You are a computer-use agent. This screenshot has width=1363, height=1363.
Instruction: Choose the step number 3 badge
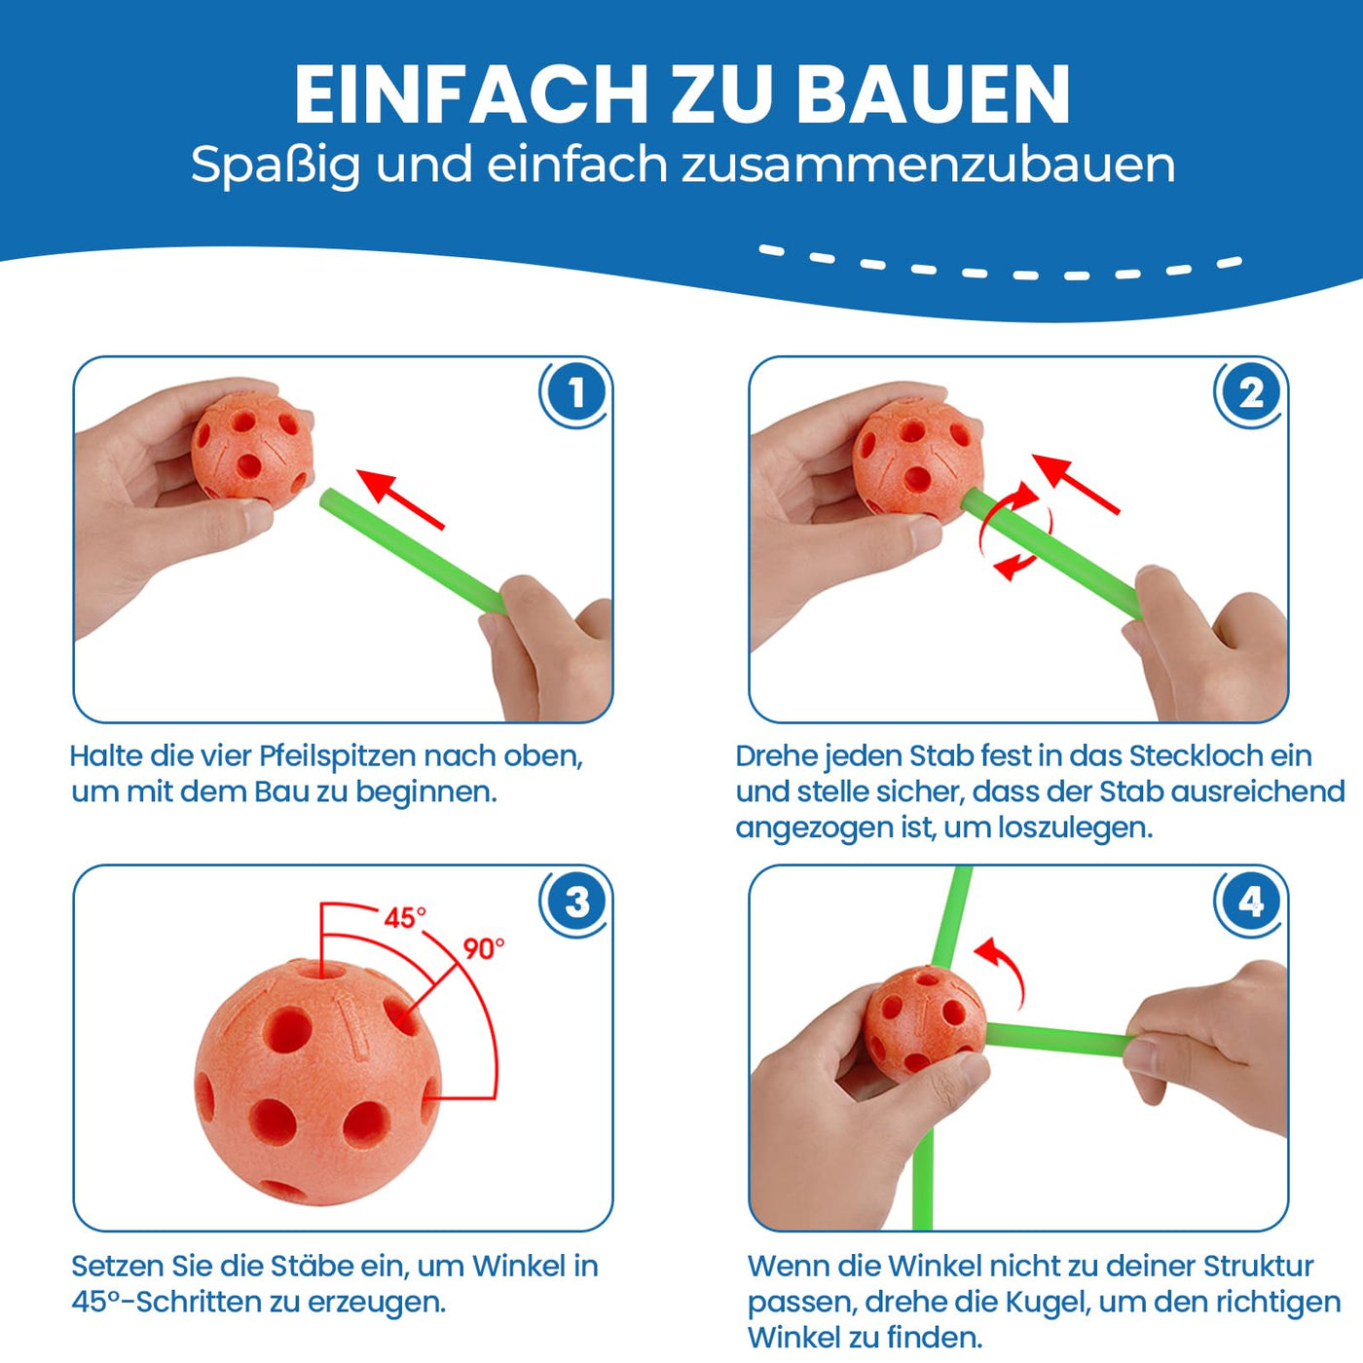[x=575, y=902]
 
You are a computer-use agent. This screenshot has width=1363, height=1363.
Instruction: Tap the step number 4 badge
[x=1250, y=902]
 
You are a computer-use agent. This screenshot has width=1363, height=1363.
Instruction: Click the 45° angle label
[x=405, y=918]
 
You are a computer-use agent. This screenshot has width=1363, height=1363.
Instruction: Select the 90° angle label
[x=484, y=948]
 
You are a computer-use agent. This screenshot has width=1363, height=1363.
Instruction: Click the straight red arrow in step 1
[x=400, y=497]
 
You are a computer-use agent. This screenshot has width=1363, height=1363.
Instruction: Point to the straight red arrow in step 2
[x=1076, y=483]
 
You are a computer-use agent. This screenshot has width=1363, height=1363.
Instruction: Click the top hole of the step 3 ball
[x=325, y=969]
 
